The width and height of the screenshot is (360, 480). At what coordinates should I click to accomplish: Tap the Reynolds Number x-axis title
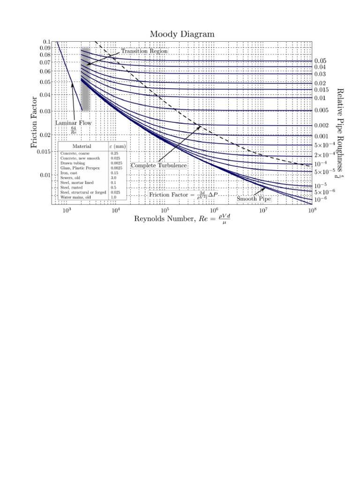coord(182,219)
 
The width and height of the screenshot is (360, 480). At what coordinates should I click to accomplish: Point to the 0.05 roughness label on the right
coord(320,61)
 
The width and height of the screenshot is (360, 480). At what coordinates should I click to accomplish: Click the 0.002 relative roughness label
coord(322,126)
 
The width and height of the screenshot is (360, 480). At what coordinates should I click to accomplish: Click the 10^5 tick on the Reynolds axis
coord(165,211)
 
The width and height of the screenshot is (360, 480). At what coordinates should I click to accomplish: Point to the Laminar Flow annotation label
coord(74,123)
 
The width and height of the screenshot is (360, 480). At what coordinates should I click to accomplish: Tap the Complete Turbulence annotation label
coord(159,165)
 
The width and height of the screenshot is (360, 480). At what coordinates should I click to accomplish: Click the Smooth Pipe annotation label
coord(254,199)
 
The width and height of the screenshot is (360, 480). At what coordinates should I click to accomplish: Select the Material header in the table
coord(82,146)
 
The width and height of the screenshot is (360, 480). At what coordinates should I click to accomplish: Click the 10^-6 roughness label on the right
coord(321,200)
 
